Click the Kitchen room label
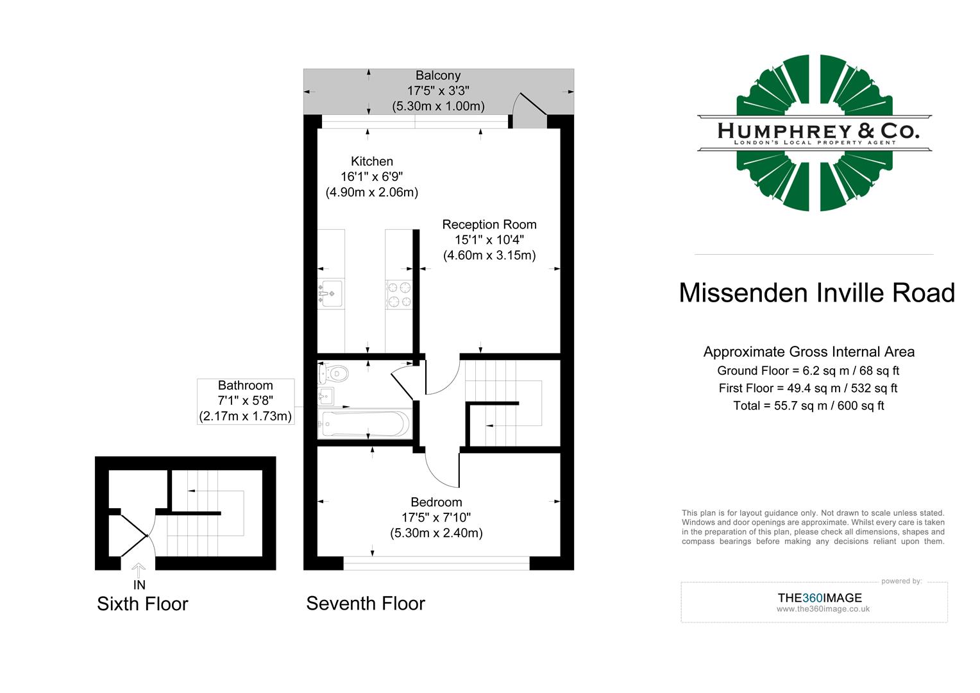tap(372, 162)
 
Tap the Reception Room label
tap(489, 225)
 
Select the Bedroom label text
tap(436, 502)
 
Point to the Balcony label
tap(438, 76)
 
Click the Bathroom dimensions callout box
tap(246, 401)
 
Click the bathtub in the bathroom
tap(364, 424)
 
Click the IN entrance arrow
tap(139, 569)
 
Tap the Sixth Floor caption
tap(142, 604)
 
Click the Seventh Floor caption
tap(366, 603)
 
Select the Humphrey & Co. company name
tap(818, 131)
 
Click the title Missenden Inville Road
tap(816, 293)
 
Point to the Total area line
tap(809, 406)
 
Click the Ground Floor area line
tap(808, 371)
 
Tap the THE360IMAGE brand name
tap(820, 598)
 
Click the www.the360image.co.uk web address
tap(823, 610)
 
